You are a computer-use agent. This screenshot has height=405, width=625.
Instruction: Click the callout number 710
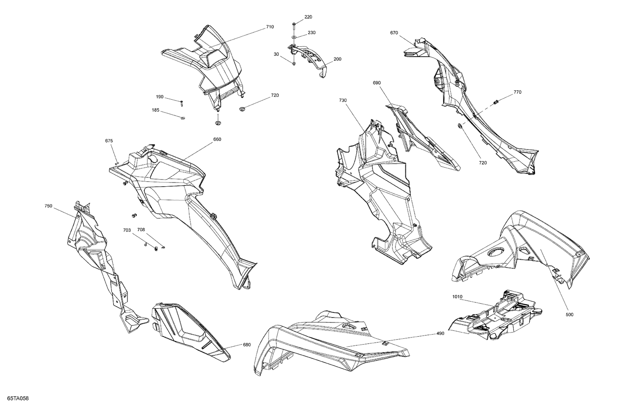click(270, 27)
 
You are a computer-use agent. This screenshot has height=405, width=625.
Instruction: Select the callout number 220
click(308, 17)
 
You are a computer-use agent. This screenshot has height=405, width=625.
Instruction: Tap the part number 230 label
click(312, 32)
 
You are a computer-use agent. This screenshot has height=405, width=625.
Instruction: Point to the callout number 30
click(276, 54)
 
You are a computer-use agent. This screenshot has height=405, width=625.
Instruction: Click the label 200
click(337, 59)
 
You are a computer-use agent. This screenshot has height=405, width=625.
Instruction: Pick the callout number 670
click(394, 33)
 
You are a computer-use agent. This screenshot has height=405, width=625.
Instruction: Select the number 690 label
click(377, 83)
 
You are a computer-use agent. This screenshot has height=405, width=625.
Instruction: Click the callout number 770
click(517, 92)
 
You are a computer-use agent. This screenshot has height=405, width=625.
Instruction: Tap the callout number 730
click(343, 100)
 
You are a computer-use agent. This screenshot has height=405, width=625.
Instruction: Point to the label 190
click(160, 97)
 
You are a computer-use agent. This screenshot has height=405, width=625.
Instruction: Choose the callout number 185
click(155, 110)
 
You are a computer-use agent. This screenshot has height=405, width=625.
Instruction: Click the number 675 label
click(109, 141)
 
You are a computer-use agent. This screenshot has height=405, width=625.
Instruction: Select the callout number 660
click(217, 140)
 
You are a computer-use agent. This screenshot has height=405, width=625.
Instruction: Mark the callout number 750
click(48, 206)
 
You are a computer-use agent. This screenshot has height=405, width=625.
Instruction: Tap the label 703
click(127, 230)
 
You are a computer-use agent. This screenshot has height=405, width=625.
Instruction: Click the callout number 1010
click(457, 297)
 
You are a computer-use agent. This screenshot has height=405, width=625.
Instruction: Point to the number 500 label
click(570, 315)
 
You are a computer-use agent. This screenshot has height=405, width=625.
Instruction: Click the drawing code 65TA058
click(18, 398)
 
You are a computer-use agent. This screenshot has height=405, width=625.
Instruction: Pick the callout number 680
click(247, 345)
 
